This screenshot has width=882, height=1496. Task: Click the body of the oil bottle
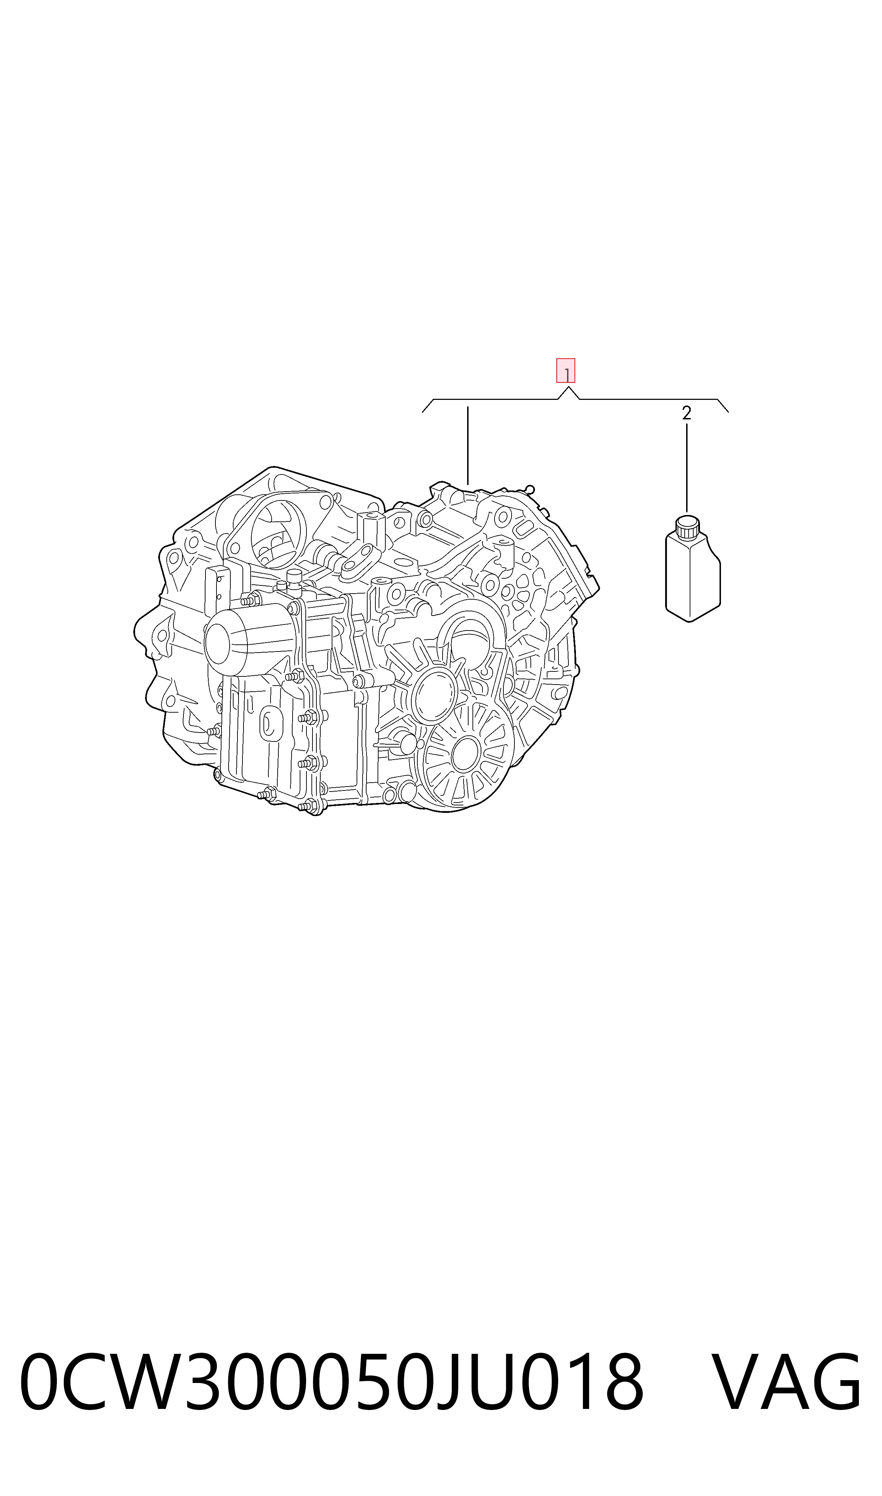693,579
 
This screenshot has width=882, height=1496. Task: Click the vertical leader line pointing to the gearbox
468,446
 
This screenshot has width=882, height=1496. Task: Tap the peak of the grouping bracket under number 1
568,387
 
